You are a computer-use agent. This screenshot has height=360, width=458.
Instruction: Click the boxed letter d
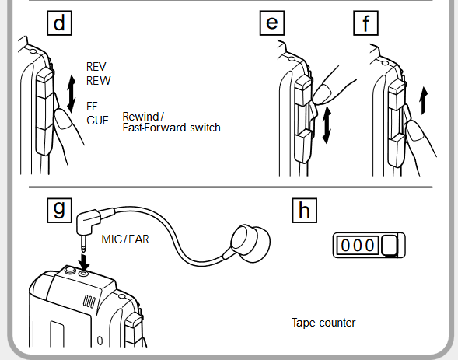pos(59,23)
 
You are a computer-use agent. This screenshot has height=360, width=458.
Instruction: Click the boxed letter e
pos(272,23)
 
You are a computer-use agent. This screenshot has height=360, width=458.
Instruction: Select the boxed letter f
pos(365,23)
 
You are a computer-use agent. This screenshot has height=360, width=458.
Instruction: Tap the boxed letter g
pos(59,210)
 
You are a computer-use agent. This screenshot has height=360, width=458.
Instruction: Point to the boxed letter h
pos(304,211)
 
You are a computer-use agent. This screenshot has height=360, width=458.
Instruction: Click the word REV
pos(96,67)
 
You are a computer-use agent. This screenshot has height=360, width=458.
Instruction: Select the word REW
pos(99,81)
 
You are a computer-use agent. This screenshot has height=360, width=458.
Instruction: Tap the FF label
pos(92,107)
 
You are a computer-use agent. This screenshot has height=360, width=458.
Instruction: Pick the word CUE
pos(97,121)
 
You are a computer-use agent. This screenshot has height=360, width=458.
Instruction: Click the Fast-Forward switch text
pos(171,128)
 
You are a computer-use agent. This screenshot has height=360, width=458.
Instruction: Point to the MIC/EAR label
pos(125,239)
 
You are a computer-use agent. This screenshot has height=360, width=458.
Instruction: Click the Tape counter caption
pos(323,323)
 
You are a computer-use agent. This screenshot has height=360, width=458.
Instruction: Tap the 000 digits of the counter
pos(358,245)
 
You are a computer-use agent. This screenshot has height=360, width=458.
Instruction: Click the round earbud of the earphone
pos(251,243)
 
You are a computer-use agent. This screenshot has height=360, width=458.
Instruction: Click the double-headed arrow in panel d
pos(72,94)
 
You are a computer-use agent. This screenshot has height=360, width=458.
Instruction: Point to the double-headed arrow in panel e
pos(327,125)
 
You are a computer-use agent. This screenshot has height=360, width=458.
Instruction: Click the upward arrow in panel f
pos(424,101)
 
